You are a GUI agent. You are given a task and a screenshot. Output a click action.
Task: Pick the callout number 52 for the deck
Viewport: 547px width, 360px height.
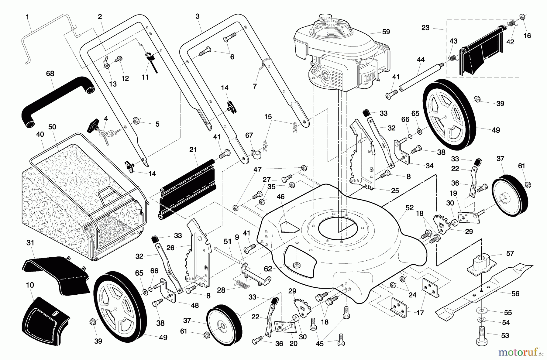409,208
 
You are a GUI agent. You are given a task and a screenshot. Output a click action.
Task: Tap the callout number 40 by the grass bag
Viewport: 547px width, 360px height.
40,134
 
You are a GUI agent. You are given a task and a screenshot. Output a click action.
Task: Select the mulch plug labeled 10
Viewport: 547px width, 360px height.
46,322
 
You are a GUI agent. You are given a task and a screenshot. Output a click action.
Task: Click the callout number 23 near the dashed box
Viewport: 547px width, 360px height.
425,28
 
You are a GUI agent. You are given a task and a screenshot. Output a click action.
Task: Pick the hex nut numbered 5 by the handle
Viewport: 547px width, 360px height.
136,122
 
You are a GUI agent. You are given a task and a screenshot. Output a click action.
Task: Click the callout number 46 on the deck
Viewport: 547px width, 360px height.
280,197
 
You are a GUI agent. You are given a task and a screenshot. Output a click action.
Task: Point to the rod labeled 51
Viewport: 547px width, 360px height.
228,255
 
